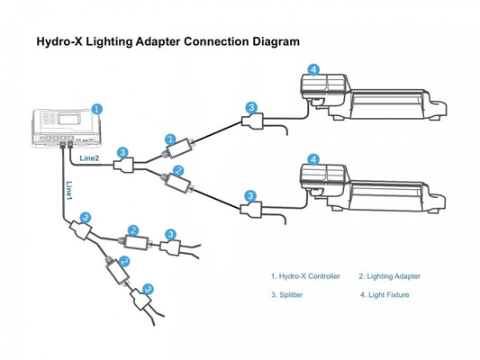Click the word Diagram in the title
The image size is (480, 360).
point(276,41)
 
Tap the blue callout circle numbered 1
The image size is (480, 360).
point(97,109)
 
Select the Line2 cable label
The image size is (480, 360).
point(89,157)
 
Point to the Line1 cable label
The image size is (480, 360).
point(69,190)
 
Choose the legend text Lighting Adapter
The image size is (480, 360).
point(394,276)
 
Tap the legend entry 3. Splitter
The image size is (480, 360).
point(287,295)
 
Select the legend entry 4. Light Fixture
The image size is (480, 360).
point(385,295)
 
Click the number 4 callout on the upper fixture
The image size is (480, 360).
point(313,69)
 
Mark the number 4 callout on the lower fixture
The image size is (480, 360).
point(313,159)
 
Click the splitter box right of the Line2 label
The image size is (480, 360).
point(124,166)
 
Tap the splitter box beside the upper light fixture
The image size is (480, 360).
point(252,121)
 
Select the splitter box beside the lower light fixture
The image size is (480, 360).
point(250,209)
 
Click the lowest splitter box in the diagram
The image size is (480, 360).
point(141,299)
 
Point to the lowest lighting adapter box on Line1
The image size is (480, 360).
point(117,271)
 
